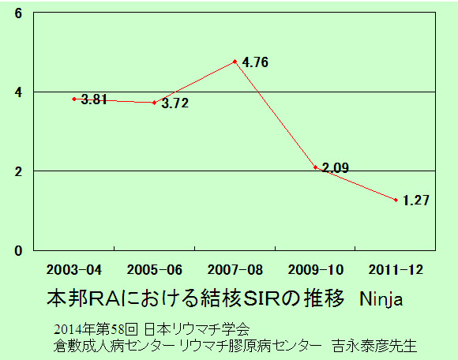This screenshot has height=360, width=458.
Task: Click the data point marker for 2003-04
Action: pos(74,99)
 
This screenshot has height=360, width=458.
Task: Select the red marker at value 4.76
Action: pos(235,62)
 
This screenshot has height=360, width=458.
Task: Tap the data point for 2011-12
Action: pos(396,200)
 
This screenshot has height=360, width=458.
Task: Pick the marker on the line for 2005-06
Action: pos(155,103)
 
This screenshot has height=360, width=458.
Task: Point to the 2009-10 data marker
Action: pos(315,167)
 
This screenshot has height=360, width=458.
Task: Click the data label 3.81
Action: pos(94,99)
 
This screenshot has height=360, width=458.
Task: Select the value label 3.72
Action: pos(175,103)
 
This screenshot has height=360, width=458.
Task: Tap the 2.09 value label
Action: pos(336,168)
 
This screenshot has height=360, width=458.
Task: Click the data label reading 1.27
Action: pos(416,201)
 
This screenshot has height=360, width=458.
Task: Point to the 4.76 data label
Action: pos(255,62)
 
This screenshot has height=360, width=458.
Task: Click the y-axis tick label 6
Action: pos(18,13)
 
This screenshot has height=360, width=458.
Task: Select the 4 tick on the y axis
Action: pos(18,92)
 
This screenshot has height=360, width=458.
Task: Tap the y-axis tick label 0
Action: pos(18,251)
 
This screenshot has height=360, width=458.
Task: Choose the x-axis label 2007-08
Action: pos(235,270)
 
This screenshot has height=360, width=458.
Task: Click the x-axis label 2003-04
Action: pos(74,270)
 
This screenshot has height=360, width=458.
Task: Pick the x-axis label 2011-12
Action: pos(396,270)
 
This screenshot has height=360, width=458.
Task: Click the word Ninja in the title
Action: pos(381,299)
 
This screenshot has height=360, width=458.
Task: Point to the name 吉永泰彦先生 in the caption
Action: pos(374,346)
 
